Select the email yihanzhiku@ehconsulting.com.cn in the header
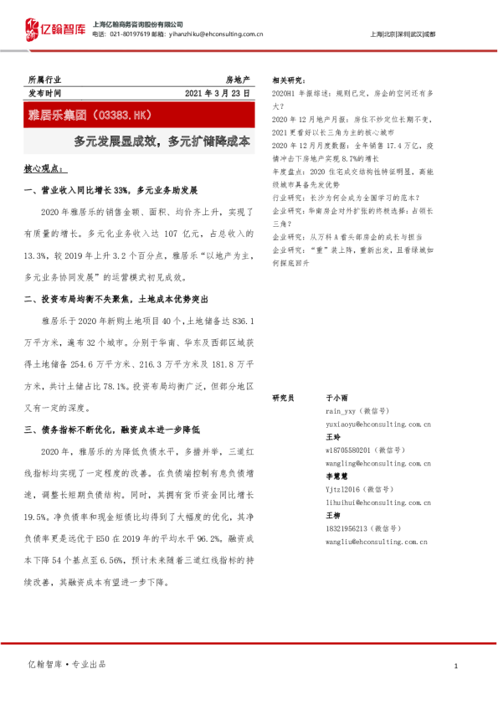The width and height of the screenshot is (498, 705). tap(220, 34)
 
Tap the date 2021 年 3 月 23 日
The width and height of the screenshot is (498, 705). tap(218, 92)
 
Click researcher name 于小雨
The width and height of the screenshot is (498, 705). tap(336, 399)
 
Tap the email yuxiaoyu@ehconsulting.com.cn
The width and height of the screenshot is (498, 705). tap(377, 425)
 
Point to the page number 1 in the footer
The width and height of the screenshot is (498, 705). tap(454, 666)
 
